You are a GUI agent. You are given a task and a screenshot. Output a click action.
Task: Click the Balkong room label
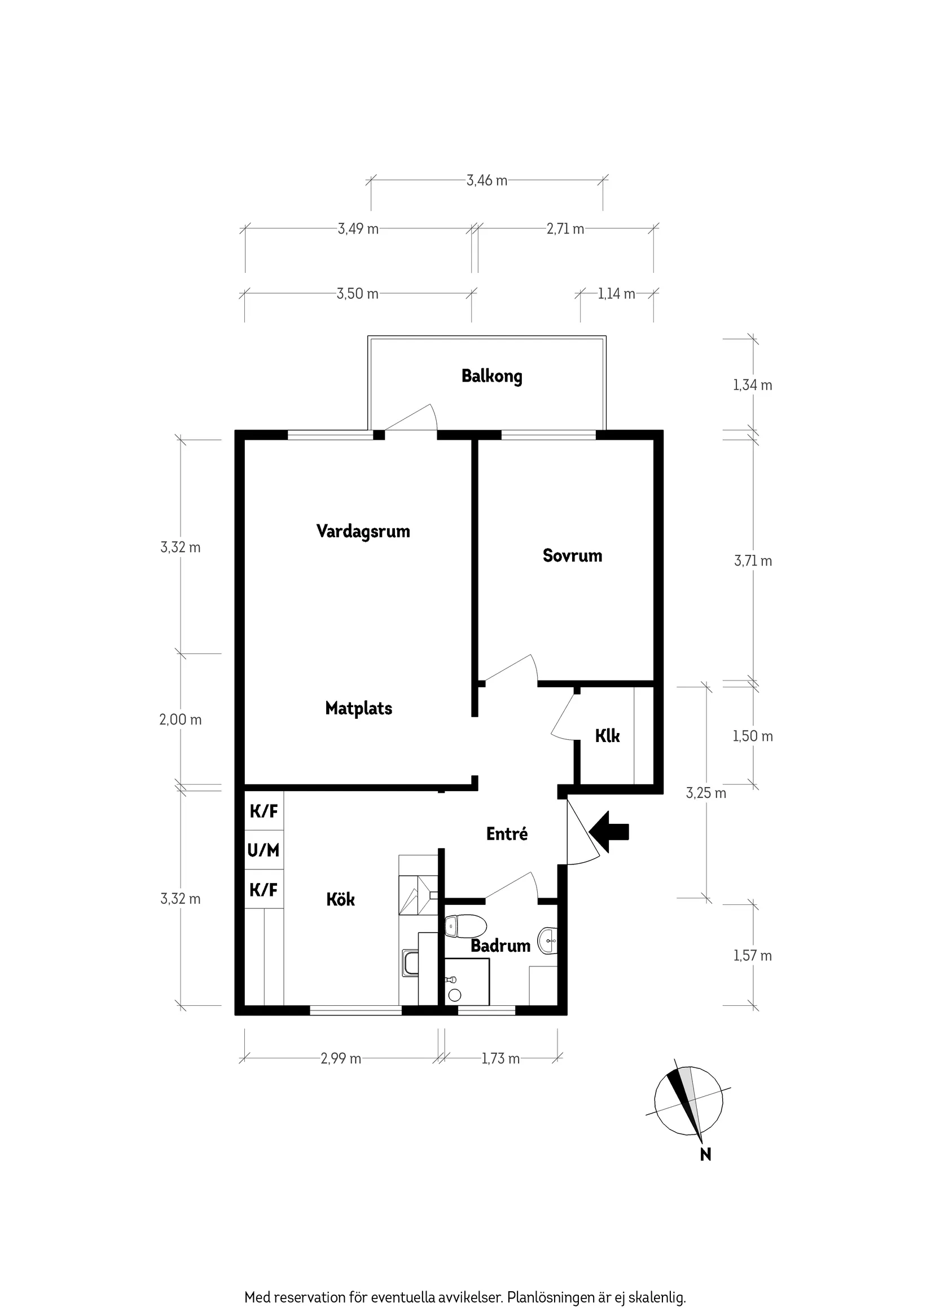pyautogui.click(x=491, y=377)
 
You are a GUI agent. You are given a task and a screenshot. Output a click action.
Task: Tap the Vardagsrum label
pyautogui.click(x=363, y=531)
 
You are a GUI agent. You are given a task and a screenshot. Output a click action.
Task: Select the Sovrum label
pyautogui.click(x=573, y=555)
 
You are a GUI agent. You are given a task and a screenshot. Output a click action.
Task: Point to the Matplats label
pyautogui.click(x=358, y=708)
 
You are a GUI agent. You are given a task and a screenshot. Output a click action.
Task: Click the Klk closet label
pyautogui.click(x=608, y=735)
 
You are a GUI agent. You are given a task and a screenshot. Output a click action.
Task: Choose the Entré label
pyautogui.click(x=507, y=833)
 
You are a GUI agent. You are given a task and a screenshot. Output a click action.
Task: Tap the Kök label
pyautogui.click(x=341, y=899)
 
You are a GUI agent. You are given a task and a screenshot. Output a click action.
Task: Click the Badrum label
pyautogui.click(x=500, y=946)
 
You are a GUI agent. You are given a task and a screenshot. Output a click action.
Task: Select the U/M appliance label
pyautogui.click(x=264, y=850)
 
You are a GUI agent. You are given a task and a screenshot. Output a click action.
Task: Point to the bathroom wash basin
pyautogui.click(x=548, y=940)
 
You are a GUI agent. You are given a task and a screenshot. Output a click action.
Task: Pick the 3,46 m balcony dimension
pyautogui.click(x=486, y=180)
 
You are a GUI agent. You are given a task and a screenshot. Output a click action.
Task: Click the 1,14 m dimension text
pyautogui.click(x=616, y=294)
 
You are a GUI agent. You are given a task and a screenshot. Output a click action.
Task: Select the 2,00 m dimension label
pyautogui.click(x=180, y=720)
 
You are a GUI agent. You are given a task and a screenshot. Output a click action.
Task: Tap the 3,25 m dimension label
pyautogui.click(x=706, y=793)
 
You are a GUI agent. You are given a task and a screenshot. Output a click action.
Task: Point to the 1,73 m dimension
pyautogui.click(x=500, y=1059)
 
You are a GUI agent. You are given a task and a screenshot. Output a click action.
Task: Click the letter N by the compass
pyautogui.click(x=705, y=1154)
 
